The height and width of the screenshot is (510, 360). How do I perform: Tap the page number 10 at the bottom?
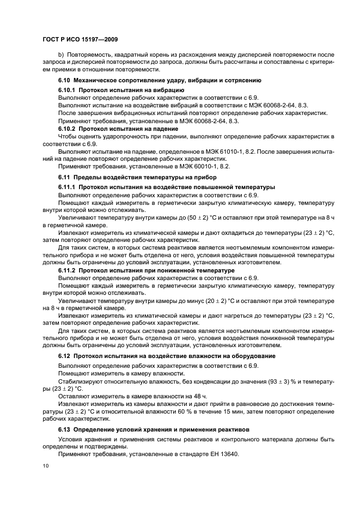click(46, 466)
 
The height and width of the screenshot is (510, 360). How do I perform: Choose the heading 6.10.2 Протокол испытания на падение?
click(119, 128)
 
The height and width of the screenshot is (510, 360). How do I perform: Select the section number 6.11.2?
click(68, 270)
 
